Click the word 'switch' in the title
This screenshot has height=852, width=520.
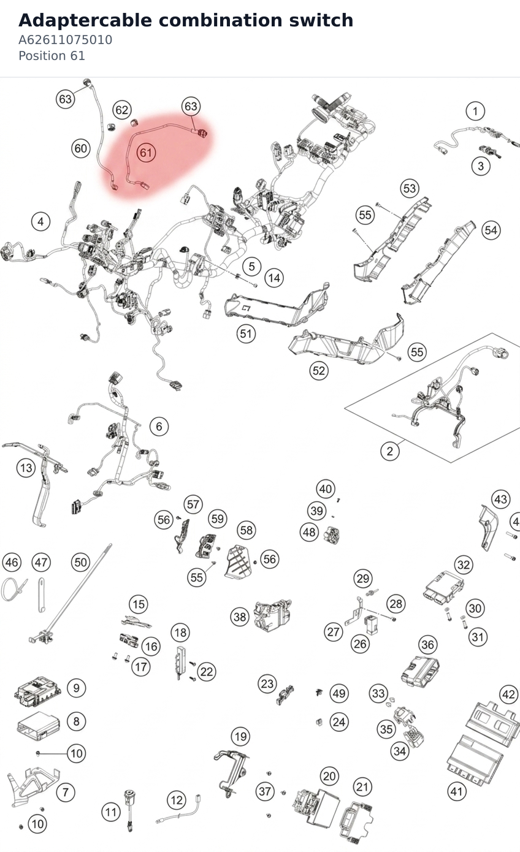pyautogui.click(x=321, y=20)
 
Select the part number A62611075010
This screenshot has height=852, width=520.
pyautogui.click(x=66, y=40)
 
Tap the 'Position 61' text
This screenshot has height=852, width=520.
pyautogui.click(x=52, y=56)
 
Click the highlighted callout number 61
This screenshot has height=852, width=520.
pyautogui.click(x=146, y=153)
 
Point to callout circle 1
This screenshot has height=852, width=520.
pyautogui.click(x=475, y=112)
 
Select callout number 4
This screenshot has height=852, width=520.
pyautogui.click(x=40, y=221)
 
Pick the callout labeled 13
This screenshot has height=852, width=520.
pyautogui.click(x=26, y=468)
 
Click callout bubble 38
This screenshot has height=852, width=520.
pyautogui.click(x=240, y=617)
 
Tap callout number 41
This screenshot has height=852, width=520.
pyautogui.click(x=456, y=791)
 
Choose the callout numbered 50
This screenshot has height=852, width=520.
pyautogui.click(x=81, y=562)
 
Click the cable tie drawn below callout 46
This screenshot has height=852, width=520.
pyautogui.click(x=13, y=589)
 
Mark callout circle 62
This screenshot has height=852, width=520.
pyautogui.click(x=122, y=110)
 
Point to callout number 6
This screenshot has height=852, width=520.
pyautogui.click(x=159, y=427)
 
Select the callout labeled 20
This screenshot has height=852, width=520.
pyautogui.click(x=329, y=776)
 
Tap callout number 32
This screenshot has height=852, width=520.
pyautogui.click(x=464, y=565)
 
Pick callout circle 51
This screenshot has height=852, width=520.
pyautogui.click(x=246, y=334)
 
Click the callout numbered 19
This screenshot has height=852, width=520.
pyautogui.click(x=241, y=737)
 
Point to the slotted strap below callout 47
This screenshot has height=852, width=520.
pyautogui.click(x=42, y=595)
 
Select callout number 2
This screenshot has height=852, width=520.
pyautogui.click(x=390, y=451)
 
